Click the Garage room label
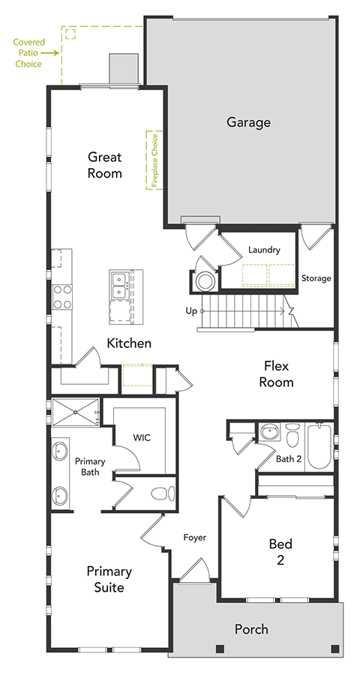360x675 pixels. tap(248, 123)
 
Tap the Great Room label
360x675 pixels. tap(105, 165)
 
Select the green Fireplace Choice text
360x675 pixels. tap(155, 160)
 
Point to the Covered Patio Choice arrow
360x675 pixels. tap(51, 53)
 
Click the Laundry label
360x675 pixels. tap(265, 250)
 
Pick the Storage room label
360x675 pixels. tap(316, 278)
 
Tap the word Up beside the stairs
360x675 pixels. tap(191, 310)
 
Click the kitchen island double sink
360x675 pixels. tap(118, 285)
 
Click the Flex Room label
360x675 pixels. tap(277, 374)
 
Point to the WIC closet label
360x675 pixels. tap(142, 438)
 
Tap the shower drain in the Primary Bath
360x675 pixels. tap(75, 412)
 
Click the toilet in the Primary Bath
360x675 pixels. tap(163, 493)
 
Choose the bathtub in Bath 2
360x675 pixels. tap(319, 448)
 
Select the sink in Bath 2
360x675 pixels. tap(270, 431)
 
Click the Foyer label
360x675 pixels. tap(195, 537)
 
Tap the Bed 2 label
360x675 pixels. tap(280, 553)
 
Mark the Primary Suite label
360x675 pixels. tap(109, 580)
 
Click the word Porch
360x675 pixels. tap(251, 630)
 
